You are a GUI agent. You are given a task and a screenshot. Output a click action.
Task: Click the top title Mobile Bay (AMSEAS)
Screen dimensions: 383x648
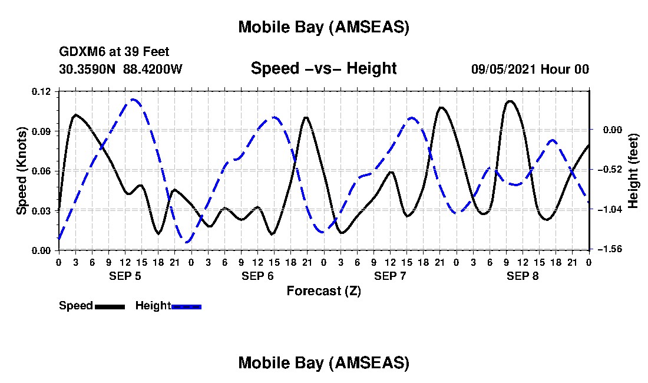point(323,27)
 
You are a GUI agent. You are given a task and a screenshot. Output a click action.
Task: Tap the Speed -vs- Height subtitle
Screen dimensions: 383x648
point(323,68)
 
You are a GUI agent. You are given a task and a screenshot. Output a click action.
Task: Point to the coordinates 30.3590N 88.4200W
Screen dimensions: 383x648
point(121,69)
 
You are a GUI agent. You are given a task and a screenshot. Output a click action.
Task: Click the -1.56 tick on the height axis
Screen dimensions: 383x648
point(609,250)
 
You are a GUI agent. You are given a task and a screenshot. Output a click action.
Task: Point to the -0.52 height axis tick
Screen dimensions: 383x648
point(609,170)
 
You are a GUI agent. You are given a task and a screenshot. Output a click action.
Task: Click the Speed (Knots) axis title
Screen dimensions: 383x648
point(22,170)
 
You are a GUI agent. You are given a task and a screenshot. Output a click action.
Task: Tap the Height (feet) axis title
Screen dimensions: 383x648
point(634,170)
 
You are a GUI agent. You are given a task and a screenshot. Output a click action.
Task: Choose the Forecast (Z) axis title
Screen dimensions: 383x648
point(323,290)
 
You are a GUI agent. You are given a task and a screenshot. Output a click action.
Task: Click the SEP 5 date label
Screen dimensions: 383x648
point(124,276)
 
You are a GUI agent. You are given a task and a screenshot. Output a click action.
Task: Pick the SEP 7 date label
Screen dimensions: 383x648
point(390,276)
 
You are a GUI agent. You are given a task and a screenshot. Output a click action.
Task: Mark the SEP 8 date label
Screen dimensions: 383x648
point(523,276)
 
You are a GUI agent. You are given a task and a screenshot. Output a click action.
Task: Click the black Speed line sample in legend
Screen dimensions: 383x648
point(110,306)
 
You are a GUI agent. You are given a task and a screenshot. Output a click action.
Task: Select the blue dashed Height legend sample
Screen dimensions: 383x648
point(187,306)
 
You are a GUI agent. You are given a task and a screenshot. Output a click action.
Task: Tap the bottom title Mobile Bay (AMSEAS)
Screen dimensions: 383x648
point(323,363)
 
